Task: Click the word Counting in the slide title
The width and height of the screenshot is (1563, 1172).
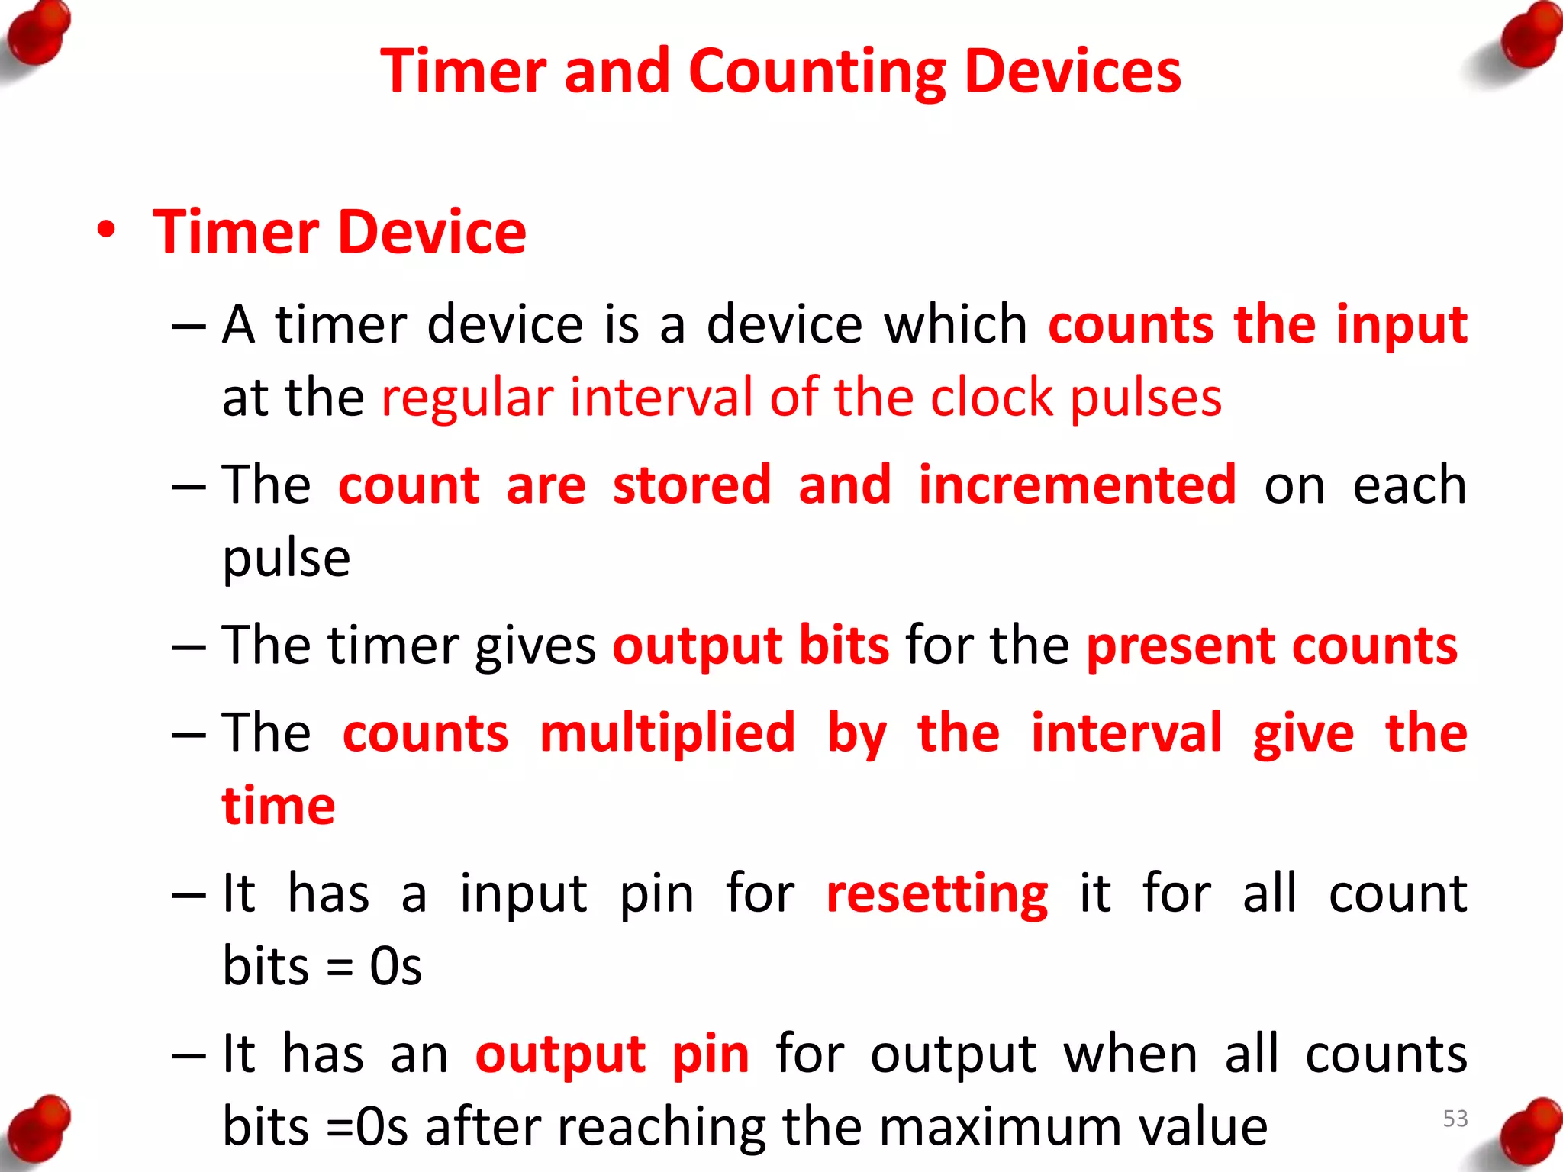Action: point(817,72)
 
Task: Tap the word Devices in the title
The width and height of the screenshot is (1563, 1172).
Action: point(1073,72)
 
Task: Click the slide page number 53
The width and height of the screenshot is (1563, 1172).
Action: point(1455,1119)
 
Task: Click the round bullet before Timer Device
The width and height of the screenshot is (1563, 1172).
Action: point(107,230)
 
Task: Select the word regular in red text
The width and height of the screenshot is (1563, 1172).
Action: point(467,398)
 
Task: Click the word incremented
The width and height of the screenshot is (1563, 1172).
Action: point(1077,485)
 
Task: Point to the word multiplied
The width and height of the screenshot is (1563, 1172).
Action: point(668,732)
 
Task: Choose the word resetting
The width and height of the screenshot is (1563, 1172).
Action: point(937,894)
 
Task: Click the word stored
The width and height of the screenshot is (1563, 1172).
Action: point(691,485)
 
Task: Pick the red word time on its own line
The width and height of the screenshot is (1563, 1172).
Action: point(279,806)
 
